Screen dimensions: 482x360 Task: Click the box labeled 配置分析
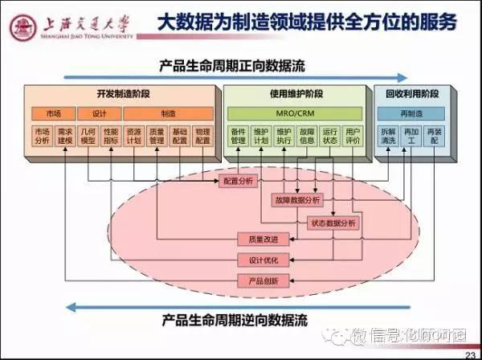pyautogui.click(x=239, y=182)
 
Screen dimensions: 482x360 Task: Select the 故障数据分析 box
pyautogui.click(x=294, y=199)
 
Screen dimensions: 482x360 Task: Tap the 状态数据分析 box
pyautogui.click(x=332, y=222)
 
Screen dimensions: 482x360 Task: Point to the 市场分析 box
pyautogui.click(x=42, y=134)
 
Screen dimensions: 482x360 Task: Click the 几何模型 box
pyautogui.click(x=88, y=134)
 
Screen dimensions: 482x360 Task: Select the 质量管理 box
pyautogui.click(x=157, y=134)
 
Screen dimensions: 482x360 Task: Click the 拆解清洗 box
pyautogui.click(x=389, y=134)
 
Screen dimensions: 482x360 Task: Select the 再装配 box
pyautogui.click(x=435, y=134)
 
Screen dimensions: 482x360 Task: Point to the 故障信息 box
pyautogui.click(x=308, y=134)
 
